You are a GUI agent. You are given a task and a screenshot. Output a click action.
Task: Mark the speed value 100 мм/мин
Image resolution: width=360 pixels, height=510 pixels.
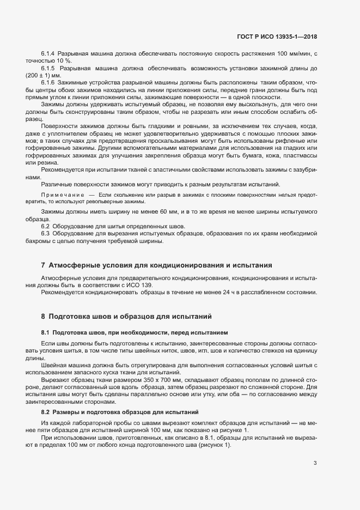click(x=291, y=54)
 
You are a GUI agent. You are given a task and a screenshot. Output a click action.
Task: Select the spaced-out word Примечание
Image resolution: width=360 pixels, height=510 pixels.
click(x=62, y=195)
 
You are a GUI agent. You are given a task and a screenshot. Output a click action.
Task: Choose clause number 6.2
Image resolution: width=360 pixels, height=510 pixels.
click(x=46, y=226)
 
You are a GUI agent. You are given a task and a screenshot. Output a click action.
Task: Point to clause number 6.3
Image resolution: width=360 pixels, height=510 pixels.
click(x=46, y=233)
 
